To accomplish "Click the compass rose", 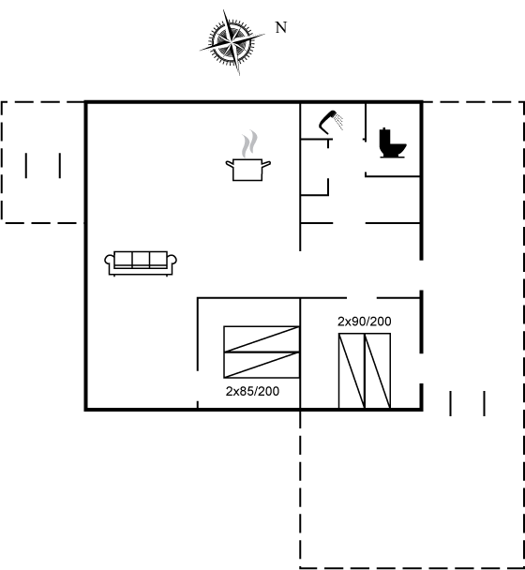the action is pyautogui.click(x=232, y=42).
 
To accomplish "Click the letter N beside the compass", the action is pyautogui.click(x=281, y=27).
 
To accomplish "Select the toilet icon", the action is pyautogui.click(x=392, y=142).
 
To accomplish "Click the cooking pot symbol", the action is pyautogui.click(x=247, y=170).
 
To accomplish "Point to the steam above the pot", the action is pyautogui.click(x=249, y=144).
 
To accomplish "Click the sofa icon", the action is pyautogui.click(x=141, y=263).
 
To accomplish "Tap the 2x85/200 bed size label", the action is pyautogui.click(x=252, y=391).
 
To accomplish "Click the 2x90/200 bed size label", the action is pyautogui.click(x=365, y=322).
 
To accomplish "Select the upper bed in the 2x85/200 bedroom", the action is pyautogui.click(x=262, y=339).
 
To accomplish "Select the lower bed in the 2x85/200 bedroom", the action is pyautogui.click(x=262, y=365).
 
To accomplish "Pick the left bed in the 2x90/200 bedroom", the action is pyautogui.click(x=352, y=371).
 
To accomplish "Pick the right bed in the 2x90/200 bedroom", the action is pyautogui.click(x=378, y=371).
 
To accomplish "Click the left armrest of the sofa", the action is pyautogui.click(x=109, y=261).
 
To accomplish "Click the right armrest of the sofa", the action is pyautogui.click(x=172, y=261).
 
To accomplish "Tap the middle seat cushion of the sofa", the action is pyautogui.click(x=141, y=260).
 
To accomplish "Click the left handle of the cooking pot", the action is pyautogui.click(x=230, y=164).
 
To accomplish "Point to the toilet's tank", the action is pyautogui.click(x=384, y=137).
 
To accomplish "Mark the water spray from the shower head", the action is pyautogui.click(x=339, y=122).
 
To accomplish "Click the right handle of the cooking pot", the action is pyautogui.click(x=266, y=164).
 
